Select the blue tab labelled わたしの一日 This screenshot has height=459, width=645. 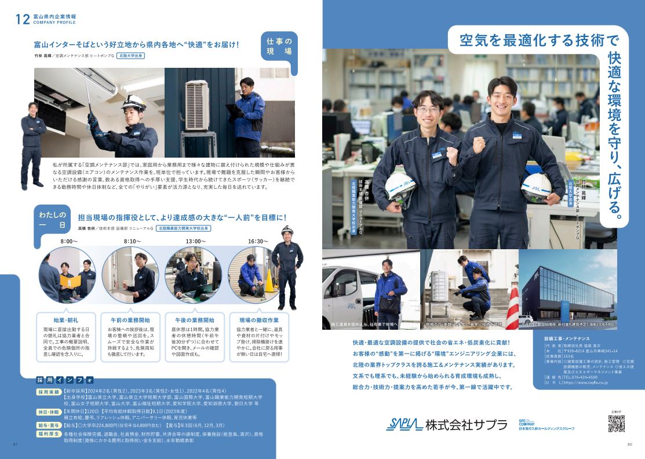[x=54, y=216]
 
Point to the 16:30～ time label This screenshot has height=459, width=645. [x=258, y=241]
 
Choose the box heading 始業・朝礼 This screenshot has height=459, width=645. [x=66, y=320]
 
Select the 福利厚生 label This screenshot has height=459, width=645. [x=49, y=433]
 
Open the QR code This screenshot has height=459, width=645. [x=616, y=424]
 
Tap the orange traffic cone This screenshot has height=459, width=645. [x=269, y=280]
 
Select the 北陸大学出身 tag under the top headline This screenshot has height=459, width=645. [x=130, y=56]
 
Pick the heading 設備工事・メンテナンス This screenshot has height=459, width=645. [x=566, y=338]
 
